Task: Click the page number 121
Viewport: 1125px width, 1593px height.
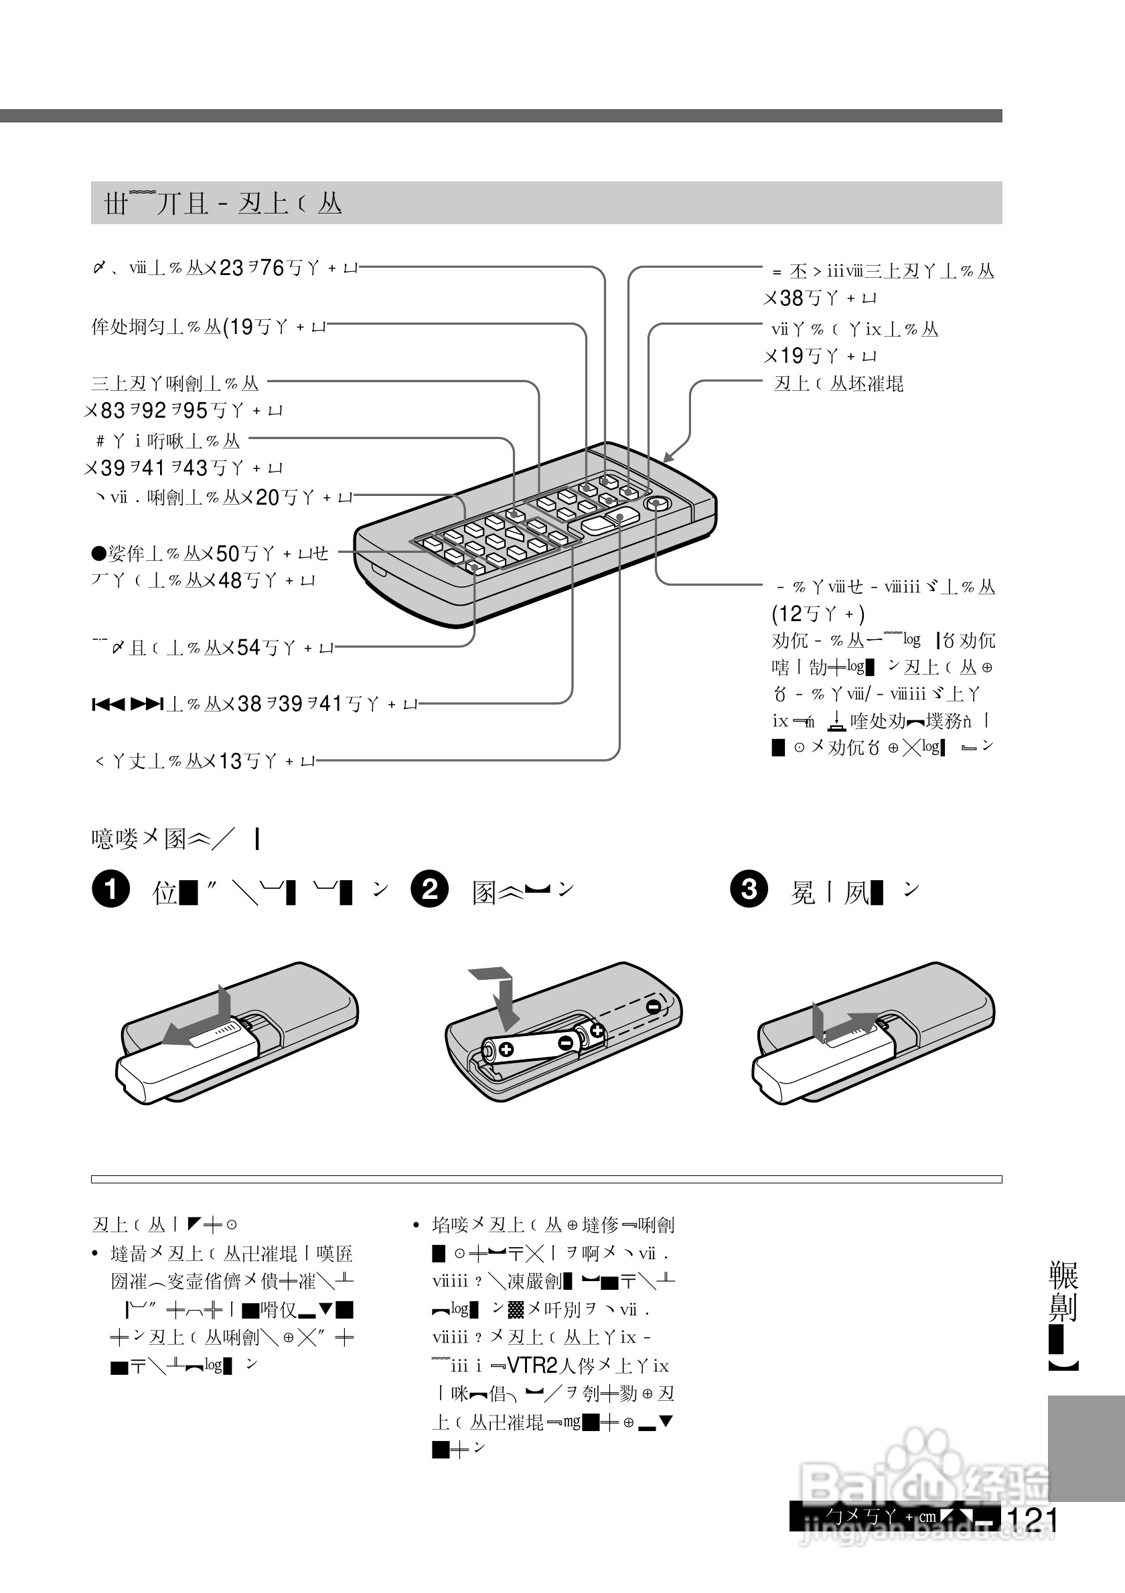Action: pos(1033,1519)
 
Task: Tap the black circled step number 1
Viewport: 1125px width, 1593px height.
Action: pos(110,890)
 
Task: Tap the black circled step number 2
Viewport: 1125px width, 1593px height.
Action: pos(430,890)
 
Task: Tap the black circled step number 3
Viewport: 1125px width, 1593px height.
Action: pos(749,889)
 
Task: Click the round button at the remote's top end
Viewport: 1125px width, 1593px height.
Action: pos(656,503)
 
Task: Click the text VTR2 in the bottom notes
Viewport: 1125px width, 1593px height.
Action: pos(532,1365)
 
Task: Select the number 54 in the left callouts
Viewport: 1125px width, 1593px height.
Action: pos(248,647)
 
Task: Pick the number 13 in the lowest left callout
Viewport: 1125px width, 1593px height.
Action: pos(230,761)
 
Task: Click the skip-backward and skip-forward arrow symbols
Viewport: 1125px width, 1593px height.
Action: pos(127,705)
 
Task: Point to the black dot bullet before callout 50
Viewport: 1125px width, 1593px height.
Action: pos(97,553)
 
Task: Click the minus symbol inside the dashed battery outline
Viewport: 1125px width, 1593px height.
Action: pos(652,1007)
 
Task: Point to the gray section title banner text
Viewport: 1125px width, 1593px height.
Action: pos(223,203)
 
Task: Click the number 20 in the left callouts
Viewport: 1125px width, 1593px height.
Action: pos(267,497)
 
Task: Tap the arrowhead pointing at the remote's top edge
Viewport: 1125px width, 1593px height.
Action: pos(668,457)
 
